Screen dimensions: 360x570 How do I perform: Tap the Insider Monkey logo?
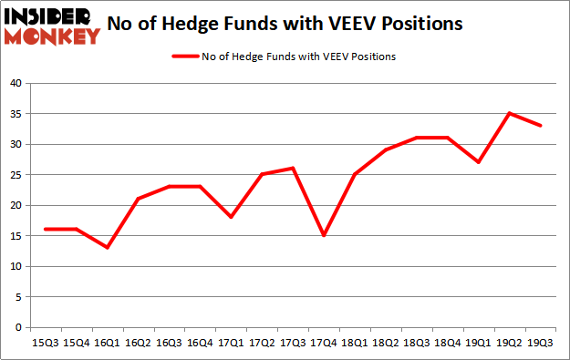pos(51,25)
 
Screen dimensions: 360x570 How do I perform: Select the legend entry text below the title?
pos(293,57)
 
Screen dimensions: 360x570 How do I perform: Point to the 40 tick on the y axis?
pos(15,83)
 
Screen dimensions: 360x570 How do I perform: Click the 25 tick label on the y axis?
pos(15,175)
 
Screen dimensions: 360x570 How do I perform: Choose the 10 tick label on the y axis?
pos(15,267)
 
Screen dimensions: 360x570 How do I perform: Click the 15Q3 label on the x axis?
pos(45,343)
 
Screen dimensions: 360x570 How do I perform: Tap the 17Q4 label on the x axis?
pos(324,343)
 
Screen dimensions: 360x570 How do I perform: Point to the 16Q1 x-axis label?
pos(107,343)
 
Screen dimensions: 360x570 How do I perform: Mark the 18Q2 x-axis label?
pos(386,343)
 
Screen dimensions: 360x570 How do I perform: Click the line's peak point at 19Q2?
pos(510,113)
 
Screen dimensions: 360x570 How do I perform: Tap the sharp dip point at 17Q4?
pos(324,235)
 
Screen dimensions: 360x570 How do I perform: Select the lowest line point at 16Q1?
pos(107,248)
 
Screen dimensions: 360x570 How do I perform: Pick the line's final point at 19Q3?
pos(541,126)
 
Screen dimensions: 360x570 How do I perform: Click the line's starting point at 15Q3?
pos(45,230)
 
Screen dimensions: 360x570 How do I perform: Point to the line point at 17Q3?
pos(293,168)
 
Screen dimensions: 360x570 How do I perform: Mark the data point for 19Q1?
pos(479,162)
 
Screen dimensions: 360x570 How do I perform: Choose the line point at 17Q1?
pos(231,217)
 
